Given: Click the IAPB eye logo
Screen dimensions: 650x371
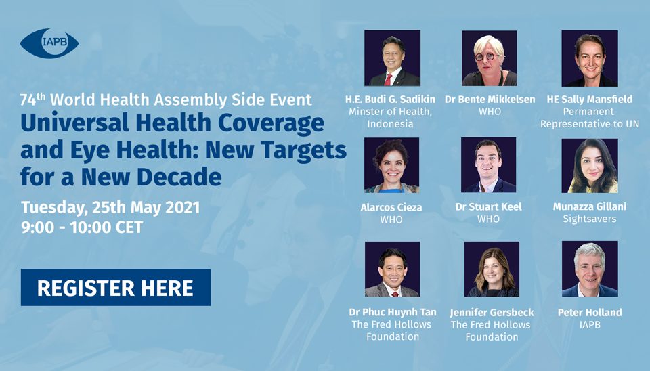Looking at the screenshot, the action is (x=49, y=43).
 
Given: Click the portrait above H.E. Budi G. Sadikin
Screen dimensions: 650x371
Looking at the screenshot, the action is (x=392, y=58).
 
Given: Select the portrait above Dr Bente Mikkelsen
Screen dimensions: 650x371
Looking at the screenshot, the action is (x=489, y=58).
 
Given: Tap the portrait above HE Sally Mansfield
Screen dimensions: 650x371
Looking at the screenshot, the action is (x=590, y=58).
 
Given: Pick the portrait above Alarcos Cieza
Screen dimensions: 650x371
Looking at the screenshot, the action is (x=392, y=165).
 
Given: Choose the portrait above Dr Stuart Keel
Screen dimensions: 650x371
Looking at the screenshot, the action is (x=489, y=165).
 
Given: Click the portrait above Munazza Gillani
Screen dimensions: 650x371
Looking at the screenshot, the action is (x=590, y=165).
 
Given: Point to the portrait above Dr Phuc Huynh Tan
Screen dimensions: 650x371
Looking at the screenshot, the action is (x=392, y=269).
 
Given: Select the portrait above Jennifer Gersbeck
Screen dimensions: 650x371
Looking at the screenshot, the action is (x=492, y=269).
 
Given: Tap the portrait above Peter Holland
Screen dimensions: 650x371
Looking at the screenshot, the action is (x=590, y=269).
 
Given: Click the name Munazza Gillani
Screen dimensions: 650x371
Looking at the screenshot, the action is (x=590, y=207).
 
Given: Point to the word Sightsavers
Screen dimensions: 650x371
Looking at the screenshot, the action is (x=590, y=219).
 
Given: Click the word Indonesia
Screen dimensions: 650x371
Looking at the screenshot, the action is (x=390, y=123).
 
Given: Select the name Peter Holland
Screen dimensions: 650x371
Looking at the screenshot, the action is (x=590, y=312).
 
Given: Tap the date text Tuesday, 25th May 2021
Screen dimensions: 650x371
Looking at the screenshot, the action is (x=110, y=208).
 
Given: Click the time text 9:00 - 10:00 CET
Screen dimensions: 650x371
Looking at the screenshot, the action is (x=82, y=227).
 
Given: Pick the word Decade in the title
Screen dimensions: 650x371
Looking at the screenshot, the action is (x=179, y=177).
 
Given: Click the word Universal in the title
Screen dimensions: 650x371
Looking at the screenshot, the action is (x=74, y=123).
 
